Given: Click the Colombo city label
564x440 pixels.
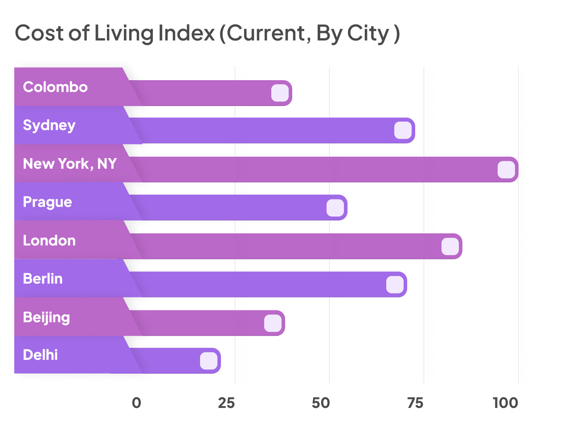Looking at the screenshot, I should tap(55, 87).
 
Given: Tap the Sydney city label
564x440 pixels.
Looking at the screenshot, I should tap(49, 125).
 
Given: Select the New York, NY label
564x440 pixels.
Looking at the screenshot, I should tap(69, 164).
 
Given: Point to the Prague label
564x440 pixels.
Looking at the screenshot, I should tap(47, 202).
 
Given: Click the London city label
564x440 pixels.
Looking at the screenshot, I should tap(49, 240).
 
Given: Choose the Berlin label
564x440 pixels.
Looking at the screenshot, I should tap(43, 279).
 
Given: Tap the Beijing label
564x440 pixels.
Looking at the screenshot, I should tap(46, 318).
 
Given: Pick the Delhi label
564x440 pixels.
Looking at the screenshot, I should tap(40, 355).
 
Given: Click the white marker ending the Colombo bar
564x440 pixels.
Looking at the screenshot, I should tap(280, 93).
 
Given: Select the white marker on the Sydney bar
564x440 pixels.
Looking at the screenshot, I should tap(403, 130).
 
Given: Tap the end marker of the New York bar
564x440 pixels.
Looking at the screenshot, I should tap(506, 170).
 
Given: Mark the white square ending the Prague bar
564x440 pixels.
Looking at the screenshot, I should tap(335, 208).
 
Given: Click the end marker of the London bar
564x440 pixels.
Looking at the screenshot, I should tap(450, 246).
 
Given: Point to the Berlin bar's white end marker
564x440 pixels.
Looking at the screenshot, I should tap(395, 285).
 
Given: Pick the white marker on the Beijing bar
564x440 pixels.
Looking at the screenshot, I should tap(273, 323).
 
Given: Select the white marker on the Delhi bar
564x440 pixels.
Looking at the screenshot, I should tap(208, 361).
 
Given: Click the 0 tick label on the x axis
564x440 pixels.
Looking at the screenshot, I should tap(136, 403).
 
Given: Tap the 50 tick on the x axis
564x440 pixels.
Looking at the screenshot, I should tap(321, 403).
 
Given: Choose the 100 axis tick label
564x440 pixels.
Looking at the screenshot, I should tap(505, 403).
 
